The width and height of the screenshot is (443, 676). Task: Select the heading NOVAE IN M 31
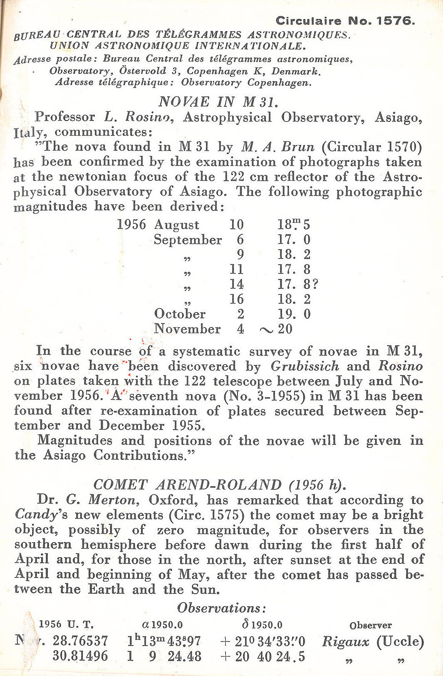218,102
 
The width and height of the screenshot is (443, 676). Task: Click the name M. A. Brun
278,147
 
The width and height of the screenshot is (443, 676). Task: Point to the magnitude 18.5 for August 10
294,225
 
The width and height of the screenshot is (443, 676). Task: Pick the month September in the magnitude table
188,240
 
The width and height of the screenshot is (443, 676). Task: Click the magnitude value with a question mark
298,285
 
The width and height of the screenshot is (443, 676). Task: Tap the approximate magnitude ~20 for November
276,329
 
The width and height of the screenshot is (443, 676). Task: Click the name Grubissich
305,366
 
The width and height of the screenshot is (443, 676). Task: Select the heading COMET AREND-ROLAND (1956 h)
219,485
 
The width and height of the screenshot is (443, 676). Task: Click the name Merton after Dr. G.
114,500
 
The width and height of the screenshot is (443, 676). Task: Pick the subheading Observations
221,608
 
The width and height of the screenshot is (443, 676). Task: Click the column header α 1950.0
162,625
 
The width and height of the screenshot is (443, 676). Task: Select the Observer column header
370,625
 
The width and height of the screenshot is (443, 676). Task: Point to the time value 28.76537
80,641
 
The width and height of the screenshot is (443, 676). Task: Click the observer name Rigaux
345,642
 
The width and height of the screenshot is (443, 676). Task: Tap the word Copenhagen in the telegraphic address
279,82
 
